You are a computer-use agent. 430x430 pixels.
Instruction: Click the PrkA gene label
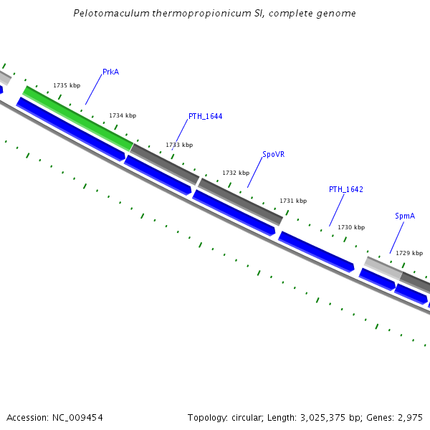[110, 72]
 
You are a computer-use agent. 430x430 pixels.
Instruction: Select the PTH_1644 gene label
[205, 116]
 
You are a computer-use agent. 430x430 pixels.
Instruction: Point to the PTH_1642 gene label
[346, 189]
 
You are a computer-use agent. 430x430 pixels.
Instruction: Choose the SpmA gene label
[405, 216]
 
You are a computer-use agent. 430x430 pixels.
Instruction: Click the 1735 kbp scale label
[67, 86]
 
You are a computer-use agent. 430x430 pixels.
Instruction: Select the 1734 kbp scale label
[123, 115]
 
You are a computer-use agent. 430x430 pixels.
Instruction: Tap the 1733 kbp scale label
[179, 145]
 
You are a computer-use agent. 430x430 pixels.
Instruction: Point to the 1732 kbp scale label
[236, 173]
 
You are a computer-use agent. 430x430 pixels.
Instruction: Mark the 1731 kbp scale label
[293, 201]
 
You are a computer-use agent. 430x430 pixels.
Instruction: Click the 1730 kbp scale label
[351, 227]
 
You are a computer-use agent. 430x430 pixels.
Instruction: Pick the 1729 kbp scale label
[409, 253]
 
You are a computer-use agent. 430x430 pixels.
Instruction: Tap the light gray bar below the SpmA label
[383, 268]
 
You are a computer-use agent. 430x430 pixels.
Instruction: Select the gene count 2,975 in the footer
[410, 417]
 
